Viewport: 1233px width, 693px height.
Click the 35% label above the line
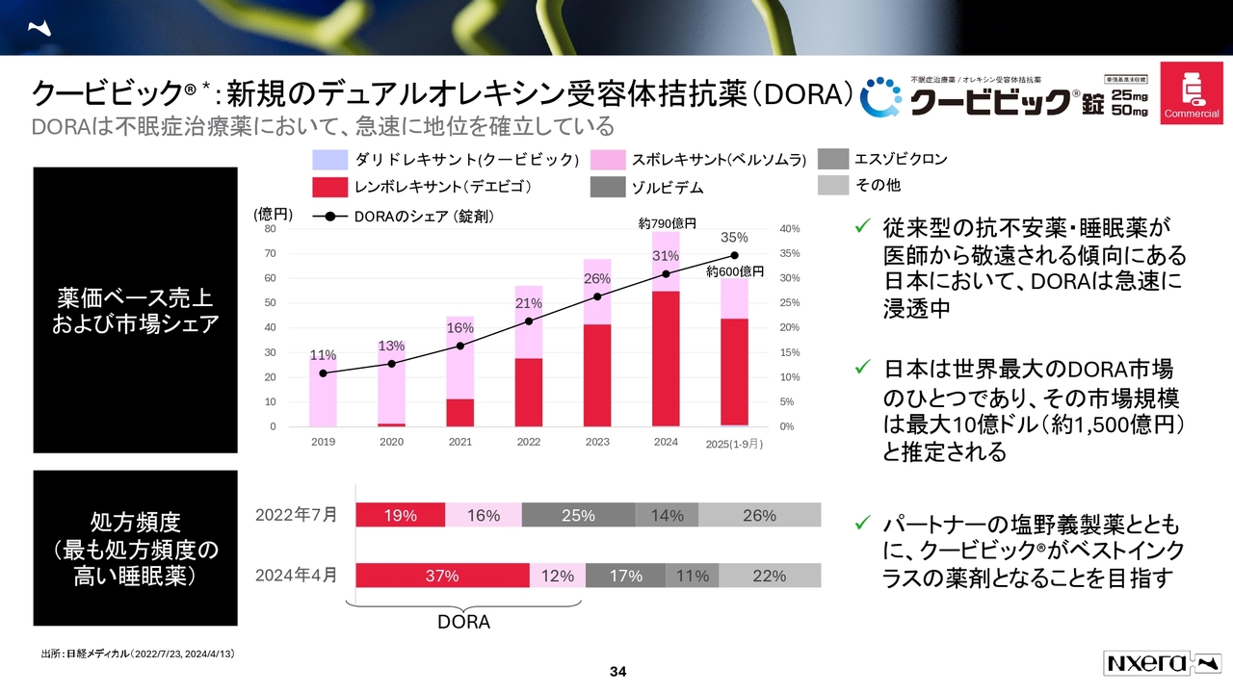(x=734, y=238)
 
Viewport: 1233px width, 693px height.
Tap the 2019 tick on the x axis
(x=323, y=442)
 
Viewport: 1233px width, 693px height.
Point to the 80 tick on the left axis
(x=270, y=229)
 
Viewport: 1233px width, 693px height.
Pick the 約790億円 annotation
(x=668, y=223)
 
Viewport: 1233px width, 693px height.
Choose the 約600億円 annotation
(x=735, y=272)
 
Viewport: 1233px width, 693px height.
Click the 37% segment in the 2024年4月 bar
(x=442, y=576)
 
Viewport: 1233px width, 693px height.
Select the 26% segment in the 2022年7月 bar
(x=759, y=516)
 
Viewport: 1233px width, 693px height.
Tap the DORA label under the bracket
(x=463, y=623)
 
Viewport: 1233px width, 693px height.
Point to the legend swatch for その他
(x=833, y=185)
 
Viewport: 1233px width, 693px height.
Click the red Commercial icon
(x=1192, y=93)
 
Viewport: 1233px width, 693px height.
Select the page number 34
(x=617, y=671)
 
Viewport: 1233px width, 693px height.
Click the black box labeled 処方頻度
(x=135, y=549)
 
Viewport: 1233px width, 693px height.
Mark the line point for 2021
(x=460, y=346)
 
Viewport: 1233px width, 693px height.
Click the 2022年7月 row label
(x=297, y=515)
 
